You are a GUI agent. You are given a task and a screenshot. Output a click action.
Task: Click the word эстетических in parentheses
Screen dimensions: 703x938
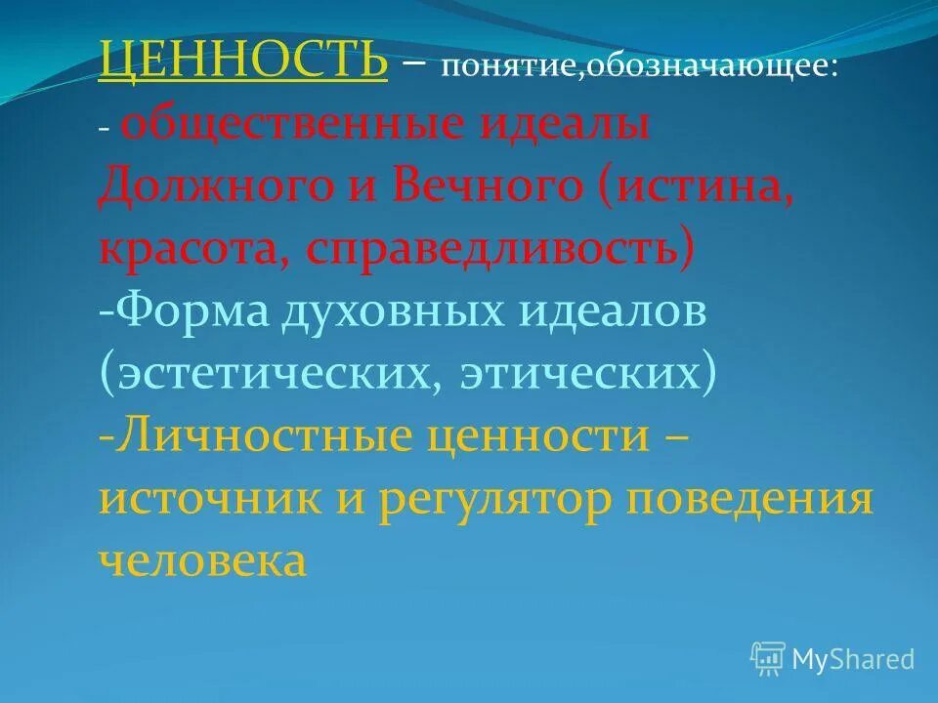click(264, 374)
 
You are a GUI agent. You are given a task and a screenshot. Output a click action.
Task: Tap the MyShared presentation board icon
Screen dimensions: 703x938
click(768, 658)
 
